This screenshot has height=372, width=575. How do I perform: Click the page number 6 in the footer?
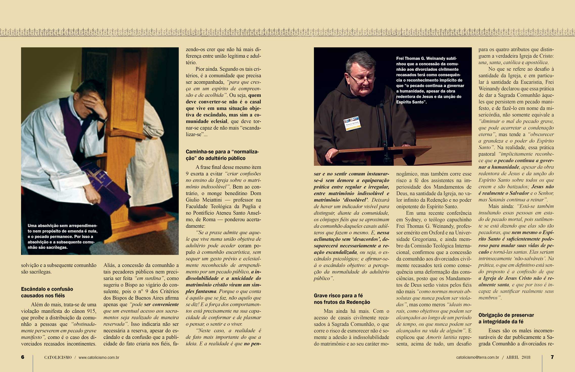coord(23,357)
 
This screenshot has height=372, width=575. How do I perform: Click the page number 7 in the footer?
coord(552,357)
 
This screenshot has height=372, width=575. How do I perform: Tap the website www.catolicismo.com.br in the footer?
coord(99,358)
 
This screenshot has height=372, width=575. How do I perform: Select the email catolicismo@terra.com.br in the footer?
coord(477,358)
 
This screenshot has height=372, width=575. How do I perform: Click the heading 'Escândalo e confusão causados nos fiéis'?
coord(47,292)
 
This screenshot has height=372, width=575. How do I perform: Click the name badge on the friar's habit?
coord(352,123)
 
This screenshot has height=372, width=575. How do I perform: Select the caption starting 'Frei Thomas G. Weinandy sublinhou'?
coord(430,80)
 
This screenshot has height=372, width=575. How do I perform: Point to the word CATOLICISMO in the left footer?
coord(58,358)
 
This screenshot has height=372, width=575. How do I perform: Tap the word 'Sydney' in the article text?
coord(410,220)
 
